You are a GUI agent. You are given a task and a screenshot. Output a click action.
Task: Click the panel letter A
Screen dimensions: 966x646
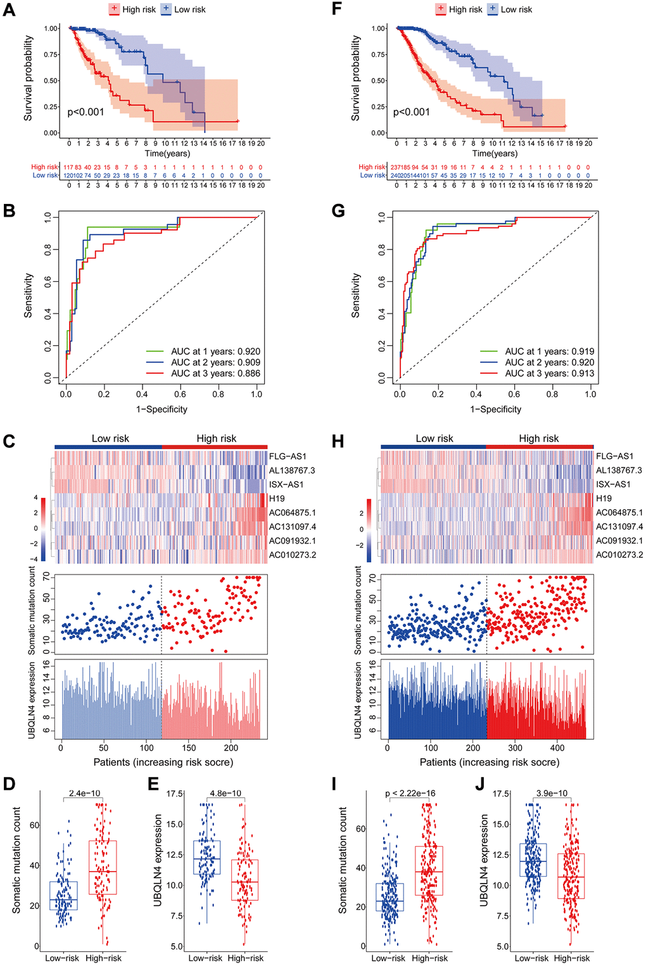coord(9,10)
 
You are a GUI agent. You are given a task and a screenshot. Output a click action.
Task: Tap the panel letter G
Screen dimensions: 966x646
coord(338,210)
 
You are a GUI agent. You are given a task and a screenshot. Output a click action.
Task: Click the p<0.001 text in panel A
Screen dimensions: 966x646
coord(85,112)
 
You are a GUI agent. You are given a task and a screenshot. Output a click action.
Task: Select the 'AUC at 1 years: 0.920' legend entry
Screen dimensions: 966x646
coord(215,352)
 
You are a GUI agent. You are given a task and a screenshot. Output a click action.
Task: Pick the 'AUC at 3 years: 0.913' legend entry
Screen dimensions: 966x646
coord(549,374)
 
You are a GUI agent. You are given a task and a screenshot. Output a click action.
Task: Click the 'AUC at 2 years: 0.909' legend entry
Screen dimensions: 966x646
coord(215,362)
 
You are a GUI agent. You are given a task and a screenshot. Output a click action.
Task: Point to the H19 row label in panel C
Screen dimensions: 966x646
coord(277,499)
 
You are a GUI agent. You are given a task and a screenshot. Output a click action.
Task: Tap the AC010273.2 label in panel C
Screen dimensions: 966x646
coord(292,555)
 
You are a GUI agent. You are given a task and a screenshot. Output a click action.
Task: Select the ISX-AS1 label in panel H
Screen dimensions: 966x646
coord(613,485)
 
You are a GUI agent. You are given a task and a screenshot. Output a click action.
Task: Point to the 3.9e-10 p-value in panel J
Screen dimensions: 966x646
coord(552,793)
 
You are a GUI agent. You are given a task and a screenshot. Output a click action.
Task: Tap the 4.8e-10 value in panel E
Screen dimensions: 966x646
coord(225,793)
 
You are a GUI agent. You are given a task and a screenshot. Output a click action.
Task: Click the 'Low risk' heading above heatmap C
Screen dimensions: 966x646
coord(110,438)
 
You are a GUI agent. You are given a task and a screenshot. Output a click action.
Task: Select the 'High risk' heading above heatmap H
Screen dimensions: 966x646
coord(538,438)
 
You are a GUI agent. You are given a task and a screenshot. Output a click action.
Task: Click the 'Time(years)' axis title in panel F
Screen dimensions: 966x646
coord(495,153)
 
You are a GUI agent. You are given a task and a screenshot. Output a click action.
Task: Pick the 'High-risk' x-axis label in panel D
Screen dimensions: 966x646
coord(103,958)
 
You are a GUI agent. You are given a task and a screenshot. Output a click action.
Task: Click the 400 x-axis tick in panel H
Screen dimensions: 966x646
coord(557,747)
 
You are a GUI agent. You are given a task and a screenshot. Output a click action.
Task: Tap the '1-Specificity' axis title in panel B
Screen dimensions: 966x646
coord(161,409)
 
